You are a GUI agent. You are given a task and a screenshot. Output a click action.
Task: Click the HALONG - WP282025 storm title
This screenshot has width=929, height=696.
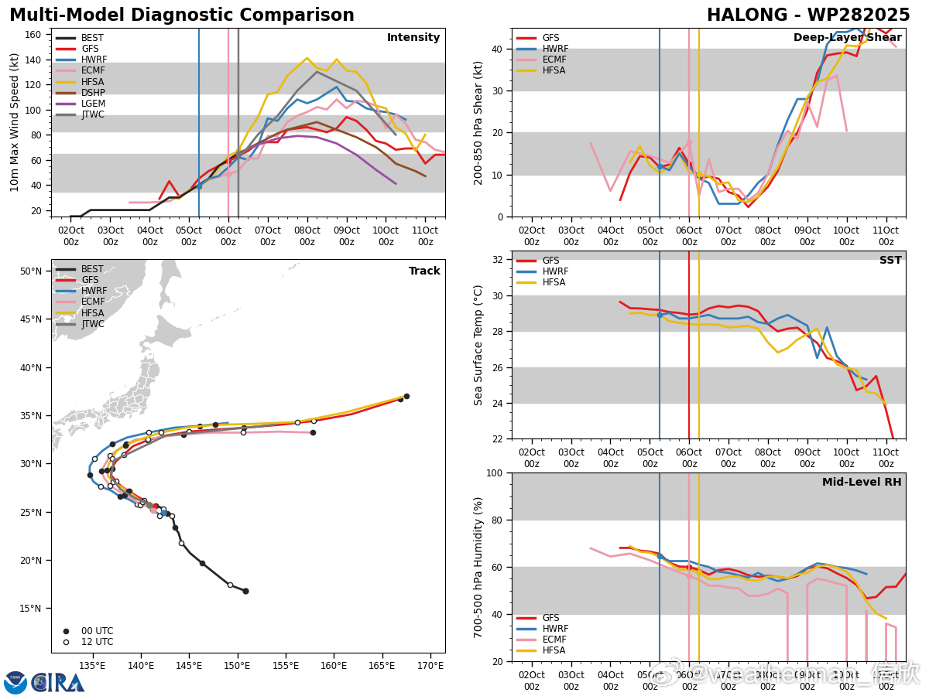[808, 15]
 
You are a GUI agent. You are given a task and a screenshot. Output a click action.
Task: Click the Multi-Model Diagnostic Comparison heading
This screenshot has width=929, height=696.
[182, 15]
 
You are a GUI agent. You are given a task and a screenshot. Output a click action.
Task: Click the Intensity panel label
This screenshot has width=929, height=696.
[413, 38]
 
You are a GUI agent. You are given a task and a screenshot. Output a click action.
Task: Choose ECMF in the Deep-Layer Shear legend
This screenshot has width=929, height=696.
[554, 60]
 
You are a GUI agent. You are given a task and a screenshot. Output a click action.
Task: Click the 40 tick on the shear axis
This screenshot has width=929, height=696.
[499, 49]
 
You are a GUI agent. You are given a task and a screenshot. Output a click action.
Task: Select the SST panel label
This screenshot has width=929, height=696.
[890, 261]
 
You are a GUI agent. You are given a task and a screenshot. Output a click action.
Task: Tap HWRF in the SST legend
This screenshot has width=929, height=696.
[554, 271]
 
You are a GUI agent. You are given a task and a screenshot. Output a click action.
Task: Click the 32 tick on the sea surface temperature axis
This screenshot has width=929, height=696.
[499, 260]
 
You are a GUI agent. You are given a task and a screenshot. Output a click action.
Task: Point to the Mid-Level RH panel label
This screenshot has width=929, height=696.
[862, 483]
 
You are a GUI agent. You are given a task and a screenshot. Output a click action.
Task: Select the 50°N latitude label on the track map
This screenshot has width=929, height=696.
[31, 271]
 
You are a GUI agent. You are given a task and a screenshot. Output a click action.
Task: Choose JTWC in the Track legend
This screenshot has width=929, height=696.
[93, 324]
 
